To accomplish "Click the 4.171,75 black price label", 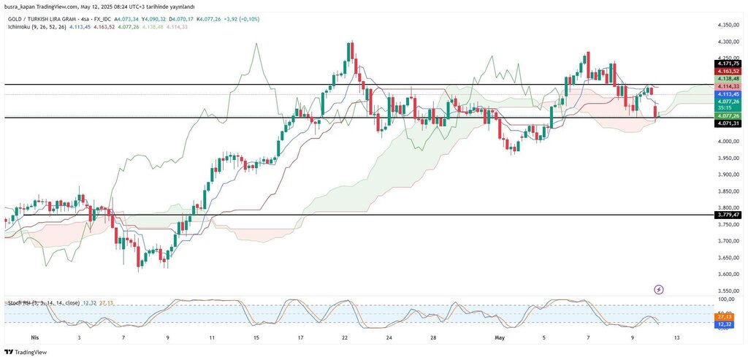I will click(728, 64).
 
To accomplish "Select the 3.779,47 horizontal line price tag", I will click(728, 215).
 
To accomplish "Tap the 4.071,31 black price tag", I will click(728, 123).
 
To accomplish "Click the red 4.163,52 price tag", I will click(728, 71).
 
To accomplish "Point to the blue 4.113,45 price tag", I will click(728, 94).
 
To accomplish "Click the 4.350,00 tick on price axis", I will click(728, 24).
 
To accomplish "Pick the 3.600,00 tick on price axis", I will click(728, 275).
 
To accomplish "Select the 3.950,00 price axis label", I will click(728, 158).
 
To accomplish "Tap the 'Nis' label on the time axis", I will click(34, 338).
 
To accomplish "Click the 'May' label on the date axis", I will click(500, 338).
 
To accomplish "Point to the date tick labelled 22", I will click(345, 338).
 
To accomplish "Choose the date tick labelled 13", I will click(677, 338).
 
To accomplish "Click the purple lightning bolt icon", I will click(660, 290).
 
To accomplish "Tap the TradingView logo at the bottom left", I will click(26, 352).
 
